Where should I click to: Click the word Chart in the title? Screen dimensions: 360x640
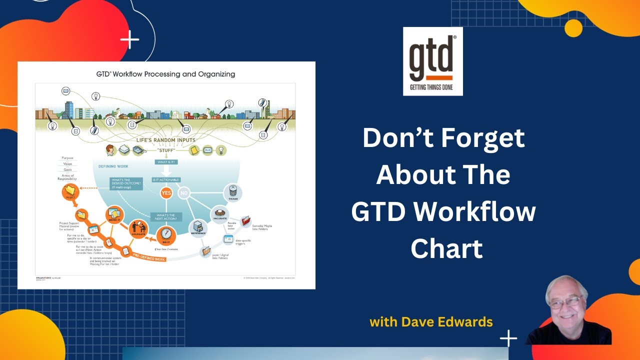(446, 248)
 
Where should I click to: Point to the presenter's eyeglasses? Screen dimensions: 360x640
(565, 302)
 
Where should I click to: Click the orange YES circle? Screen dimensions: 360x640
(166, 192)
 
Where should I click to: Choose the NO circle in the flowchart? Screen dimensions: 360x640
(183, 192)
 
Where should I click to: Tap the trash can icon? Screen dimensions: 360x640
(232, 191)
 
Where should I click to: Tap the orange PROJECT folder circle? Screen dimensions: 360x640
(70, 191)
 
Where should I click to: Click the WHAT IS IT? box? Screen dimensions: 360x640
(166, 161)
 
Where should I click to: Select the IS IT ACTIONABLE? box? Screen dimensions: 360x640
(166, 179)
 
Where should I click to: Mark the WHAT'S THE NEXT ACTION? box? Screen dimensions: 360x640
(166, 216)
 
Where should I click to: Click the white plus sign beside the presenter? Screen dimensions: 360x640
(508, 338)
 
